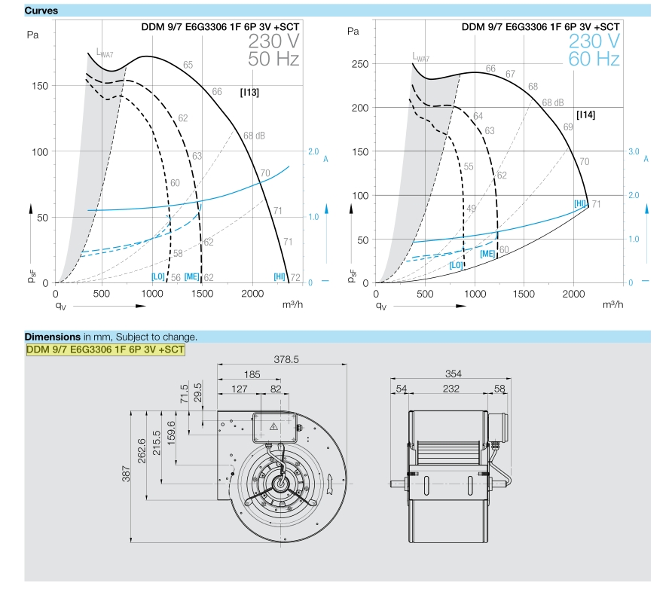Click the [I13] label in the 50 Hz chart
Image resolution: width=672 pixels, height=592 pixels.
click(x=249, y=92)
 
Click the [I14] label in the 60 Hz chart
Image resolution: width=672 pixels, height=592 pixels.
click(x=585, y=114)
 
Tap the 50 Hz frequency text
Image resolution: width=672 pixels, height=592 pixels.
click(x=273, y=59)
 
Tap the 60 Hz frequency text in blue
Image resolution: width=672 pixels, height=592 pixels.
click(x=594, y=59)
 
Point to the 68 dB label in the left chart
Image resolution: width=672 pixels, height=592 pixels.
click(x=254, y=136)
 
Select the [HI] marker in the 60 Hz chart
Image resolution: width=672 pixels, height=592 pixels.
click(x=580, y=203)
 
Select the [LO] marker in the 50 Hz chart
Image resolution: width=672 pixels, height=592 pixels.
click(x=158, y=276)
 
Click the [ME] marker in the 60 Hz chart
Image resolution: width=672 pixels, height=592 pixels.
click(x=487, y=254)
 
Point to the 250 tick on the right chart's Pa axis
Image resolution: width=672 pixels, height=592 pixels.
click(x=360, y=64)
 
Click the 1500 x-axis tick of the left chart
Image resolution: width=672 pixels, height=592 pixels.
click(x=203, y=294)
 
